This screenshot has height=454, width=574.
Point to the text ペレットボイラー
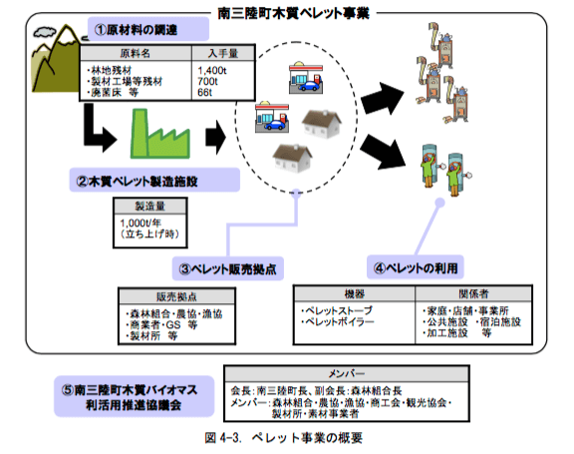pyautogui.click(x=339, y=323)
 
